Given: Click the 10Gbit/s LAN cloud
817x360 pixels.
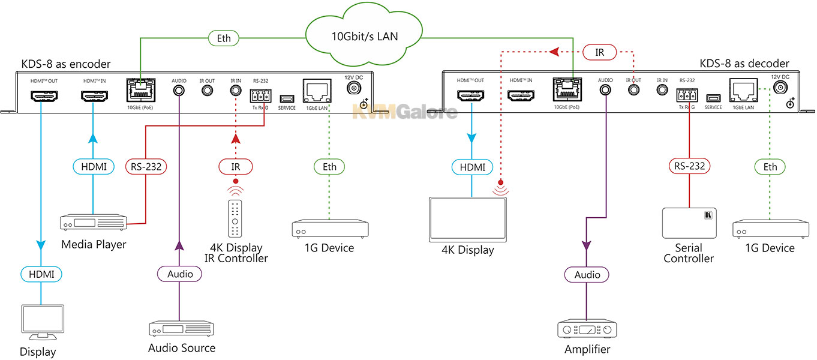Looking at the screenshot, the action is point(364,35).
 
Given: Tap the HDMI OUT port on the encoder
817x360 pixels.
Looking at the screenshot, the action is point(44,95).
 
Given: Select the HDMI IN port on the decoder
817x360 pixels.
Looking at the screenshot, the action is point(521,95).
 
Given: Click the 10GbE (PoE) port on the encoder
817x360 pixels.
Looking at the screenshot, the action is point(141,90).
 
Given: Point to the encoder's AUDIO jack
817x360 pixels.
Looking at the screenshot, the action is point(179,90).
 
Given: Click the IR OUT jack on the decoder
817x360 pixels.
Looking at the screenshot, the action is point(633,89).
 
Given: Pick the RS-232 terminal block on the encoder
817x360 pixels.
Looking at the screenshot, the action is point(260,96).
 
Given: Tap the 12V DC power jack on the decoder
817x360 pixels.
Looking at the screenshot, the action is point(780,87).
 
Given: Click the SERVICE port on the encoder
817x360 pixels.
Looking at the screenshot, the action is point(287,98).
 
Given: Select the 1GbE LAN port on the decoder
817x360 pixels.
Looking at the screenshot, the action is point(743,90).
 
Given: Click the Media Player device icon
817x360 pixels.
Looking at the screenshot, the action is point(94,222).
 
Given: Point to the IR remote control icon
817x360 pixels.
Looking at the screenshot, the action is point(235,218).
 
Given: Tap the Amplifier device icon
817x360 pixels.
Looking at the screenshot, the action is point(587,329).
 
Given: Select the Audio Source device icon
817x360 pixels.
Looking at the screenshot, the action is point(181,329).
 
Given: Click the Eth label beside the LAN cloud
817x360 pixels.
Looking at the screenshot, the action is point(224,38).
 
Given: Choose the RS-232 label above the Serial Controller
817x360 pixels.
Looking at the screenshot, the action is point(689,166).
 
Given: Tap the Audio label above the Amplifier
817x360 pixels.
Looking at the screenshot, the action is point(587,275).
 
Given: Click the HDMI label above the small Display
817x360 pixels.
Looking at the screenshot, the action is point(41,274).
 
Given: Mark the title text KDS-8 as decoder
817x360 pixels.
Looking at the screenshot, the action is point(744,64).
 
